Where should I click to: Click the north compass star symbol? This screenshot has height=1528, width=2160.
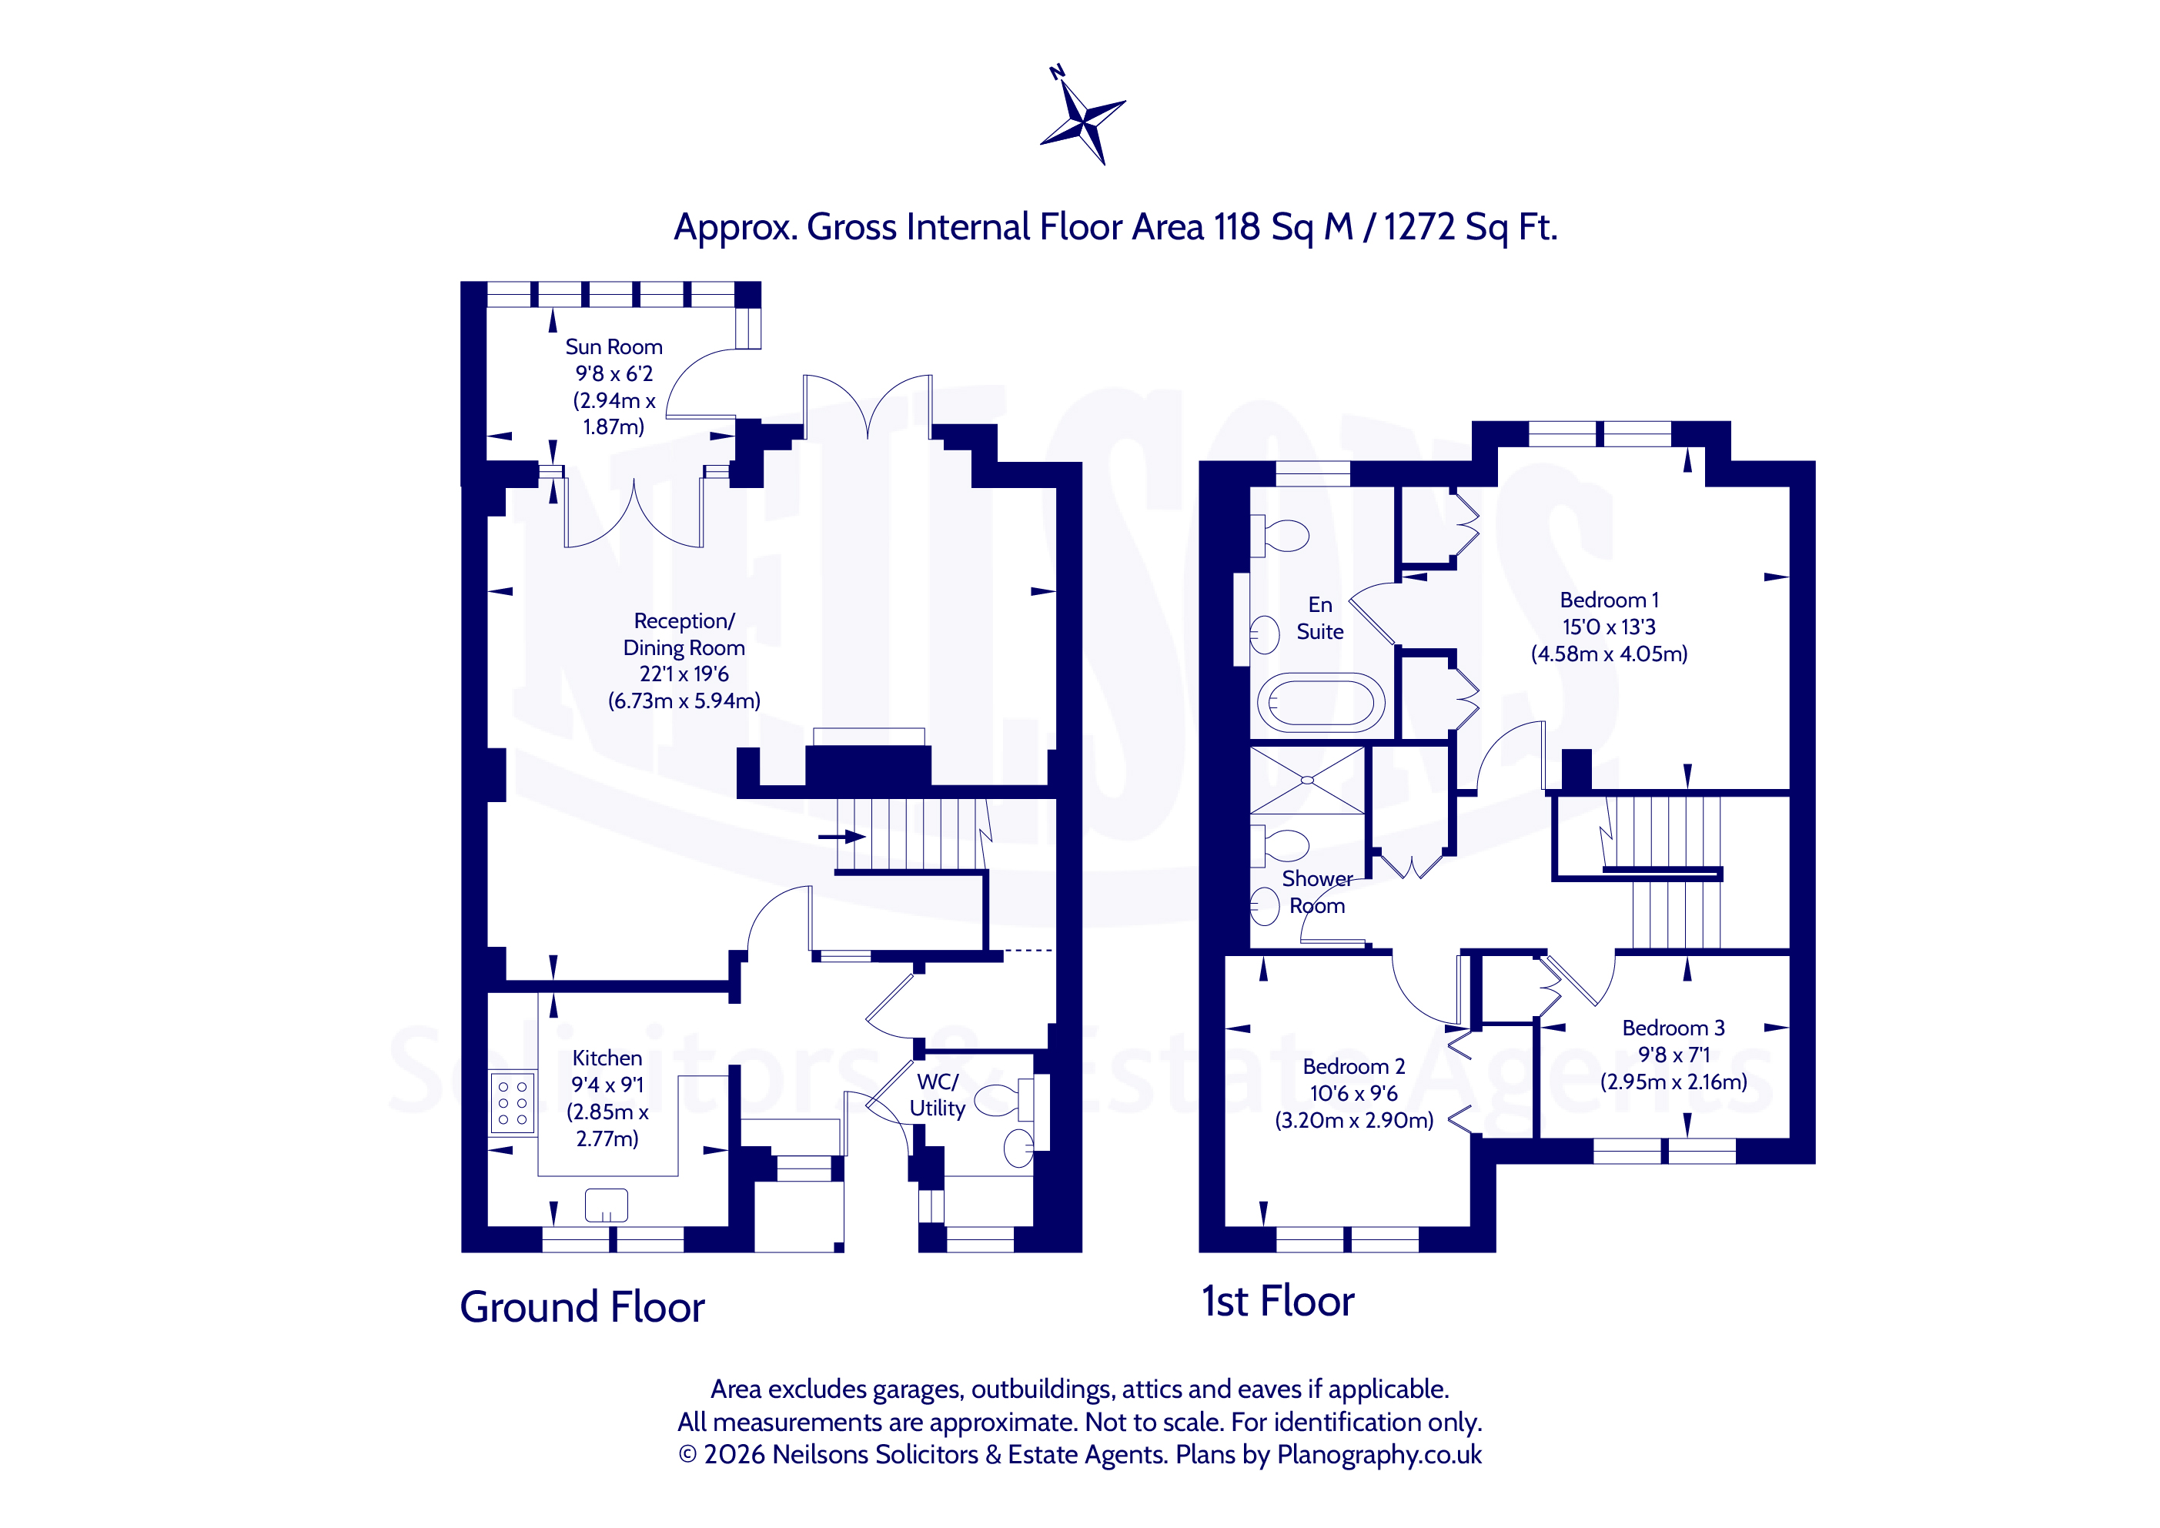tap(1083, 119)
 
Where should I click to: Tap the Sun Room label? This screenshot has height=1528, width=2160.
tap(614, 347)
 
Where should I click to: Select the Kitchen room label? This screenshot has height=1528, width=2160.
tap(607, 1058)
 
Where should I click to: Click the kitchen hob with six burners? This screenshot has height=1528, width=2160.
tap(513, 1103)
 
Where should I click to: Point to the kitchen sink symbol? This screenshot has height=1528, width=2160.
tap(606, 1205)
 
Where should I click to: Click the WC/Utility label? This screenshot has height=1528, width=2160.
tap(937, 1095)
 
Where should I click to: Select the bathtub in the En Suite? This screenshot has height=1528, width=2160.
tap(1321, 703)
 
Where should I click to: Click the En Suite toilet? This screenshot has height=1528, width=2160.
tap(1279, 535)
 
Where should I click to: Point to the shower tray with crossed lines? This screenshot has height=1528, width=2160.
tap(1307, 780)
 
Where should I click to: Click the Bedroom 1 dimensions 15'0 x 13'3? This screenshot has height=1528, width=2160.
tap(1609, 627)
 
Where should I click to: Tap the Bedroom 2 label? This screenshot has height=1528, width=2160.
tap(1354, 1066)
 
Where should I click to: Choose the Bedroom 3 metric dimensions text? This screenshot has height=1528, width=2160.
tap(1673, 1082)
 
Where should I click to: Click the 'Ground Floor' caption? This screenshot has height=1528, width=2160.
tap(582, 1307)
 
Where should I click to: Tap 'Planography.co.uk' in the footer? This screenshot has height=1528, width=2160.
tap(1379, 1455)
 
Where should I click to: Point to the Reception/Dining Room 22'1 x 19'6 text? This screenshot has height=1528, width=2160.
tap(684, 674)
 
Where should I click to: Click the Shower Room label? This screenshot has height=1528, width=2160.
tap(1317, 892)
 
